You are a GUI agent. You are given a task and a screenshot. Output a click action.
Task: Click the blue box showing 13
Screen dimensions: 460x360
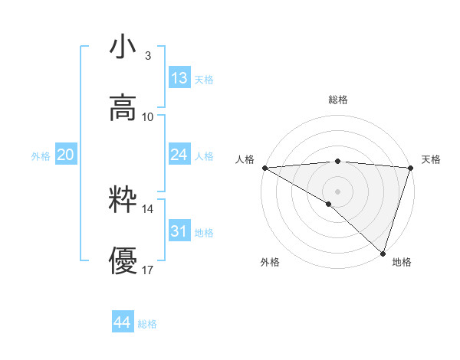(x=179, y=78)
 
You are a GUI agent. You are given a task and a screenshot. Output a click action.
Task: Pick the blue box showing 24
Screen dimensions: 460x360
(x=179, y=155)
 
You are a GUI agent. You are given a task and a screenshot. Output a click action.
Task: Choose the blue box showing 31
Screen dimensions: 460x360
(x=179, y=231)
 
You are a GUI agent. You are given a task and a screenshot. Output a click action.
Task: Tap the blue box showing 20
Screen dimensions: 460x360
(x=65, y=155)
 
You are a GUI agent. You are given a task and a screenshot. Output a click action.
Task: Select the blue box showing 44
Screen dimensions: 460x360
(x=122, y=322)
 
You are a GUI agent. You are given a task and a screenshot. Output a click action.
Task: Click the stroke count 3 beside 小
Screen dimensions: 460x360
(x=147, y=56)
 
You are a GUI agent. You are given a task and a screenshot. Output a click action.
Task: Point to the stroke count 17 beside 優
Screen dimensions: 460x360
(x=148, y=270)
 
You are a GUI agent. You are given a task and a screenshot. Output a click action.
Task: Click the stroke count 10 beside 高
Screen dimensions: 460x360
(x=148, y=116)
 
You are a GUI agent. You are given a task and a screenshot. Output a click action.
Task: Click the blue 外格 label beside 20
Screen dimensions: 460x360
(x=41, y=156)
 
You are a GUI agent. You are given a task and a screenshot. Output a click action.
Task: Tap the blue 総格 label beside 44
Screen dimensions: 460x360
(x=147, y=324)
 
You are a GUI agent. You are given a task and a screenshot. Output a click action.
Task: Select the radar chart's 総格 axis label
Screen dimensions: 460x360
(x=337, y=100)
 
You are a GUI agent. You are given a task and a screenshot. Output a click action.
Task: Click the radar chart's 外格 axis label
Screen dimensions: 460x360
(x=270, y=262)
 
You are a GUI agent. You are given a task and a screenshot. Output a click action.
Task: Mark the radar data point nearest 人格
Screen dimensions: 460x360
(x=264, y=168)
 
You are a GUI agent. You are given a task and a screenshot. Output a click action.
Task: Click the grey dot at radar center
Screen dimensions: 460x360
(x=337, y=191)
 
